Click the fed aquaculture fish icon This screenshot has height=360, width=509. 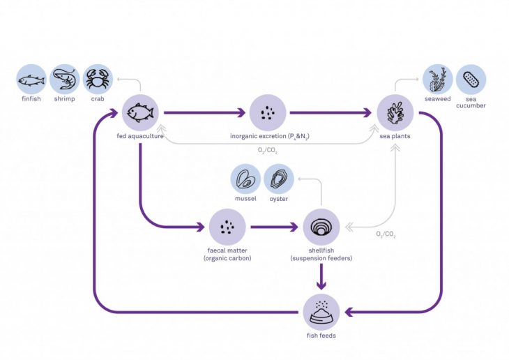tap(141, 112)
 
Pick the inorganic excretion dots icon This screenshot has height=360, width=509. tap(268, 112)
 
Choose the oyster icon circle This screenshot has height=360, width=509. tap(279, 179)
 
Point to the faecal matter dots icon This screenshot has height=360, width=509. tap(227, 227)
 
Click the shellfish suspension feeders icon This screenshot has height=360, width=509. tap(321, 227)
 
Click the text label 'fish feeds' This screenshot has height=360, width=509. tap(321, 336)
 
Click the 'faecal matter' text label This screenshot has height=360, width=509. tap(227, 251)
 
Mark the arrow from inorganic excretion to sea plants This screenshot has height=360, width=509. tap(331, 112)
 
